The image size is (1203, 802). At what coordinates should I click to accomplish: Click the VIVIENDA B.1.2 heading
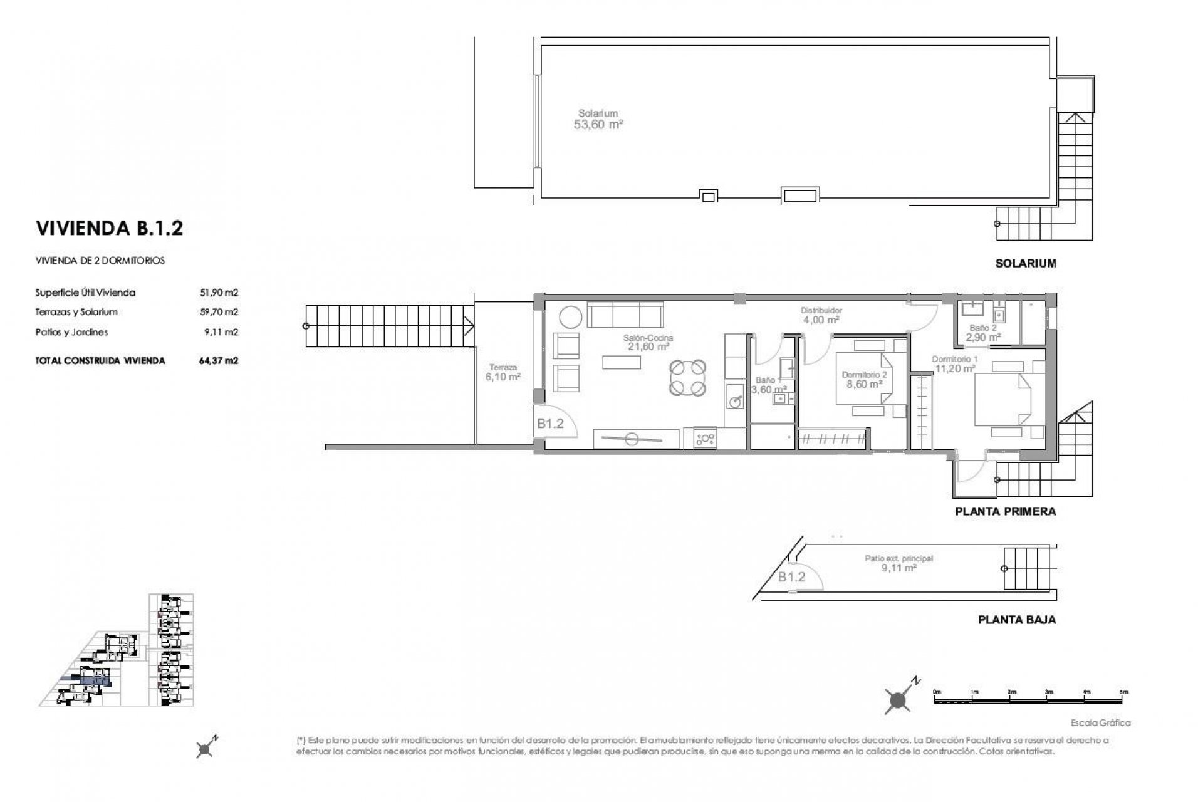click(x=110, y=229)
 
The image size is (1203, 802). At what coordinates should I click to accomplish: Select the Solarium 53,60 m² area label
click(x=598, y=119)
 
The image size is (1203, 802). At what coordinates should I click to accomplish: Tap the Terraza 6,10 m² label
click(x=503, y=373)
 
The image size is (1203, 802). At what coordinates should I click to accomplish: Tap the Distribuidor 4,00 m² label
click(x=821, y=315)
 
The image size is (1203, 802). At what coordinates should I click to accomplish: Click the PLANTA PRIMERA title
click(x=1005, y=511)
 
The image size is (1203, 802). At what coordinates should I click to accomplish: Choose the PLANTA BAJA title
click(x=1017, y=620)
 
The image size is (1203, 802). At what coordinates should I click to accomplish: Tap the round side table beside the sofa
click(x=571, y=316)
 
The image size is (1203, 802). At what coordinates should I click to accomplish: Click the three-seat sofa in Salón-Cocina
click(x=625, y=315)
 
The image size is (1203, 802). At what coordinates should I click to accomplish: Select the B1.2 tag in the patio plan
click(x=791, y=577)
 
